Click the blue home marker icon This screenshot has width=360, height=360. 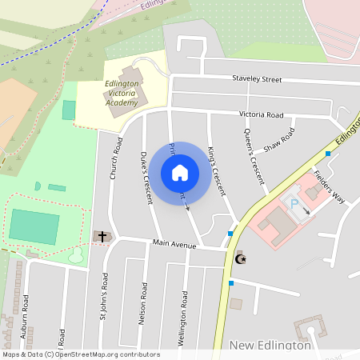coord(180,172)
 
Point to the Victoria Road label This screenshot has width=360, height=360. coord(262,114)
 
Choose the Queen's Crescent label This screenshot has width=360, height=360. coord(254,158)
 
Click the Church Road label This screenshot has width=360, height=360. coord(117,158)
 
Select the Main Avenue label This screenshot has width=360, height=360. coord(171,244)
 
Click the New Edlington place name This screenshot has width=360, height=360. coord(270,345)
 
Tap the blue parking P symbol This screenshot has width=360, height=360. coord(294,206)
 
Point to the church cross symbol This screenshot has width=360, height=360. coord(101,236)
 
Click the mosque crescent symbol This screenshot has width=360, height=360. coord(240,258)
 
